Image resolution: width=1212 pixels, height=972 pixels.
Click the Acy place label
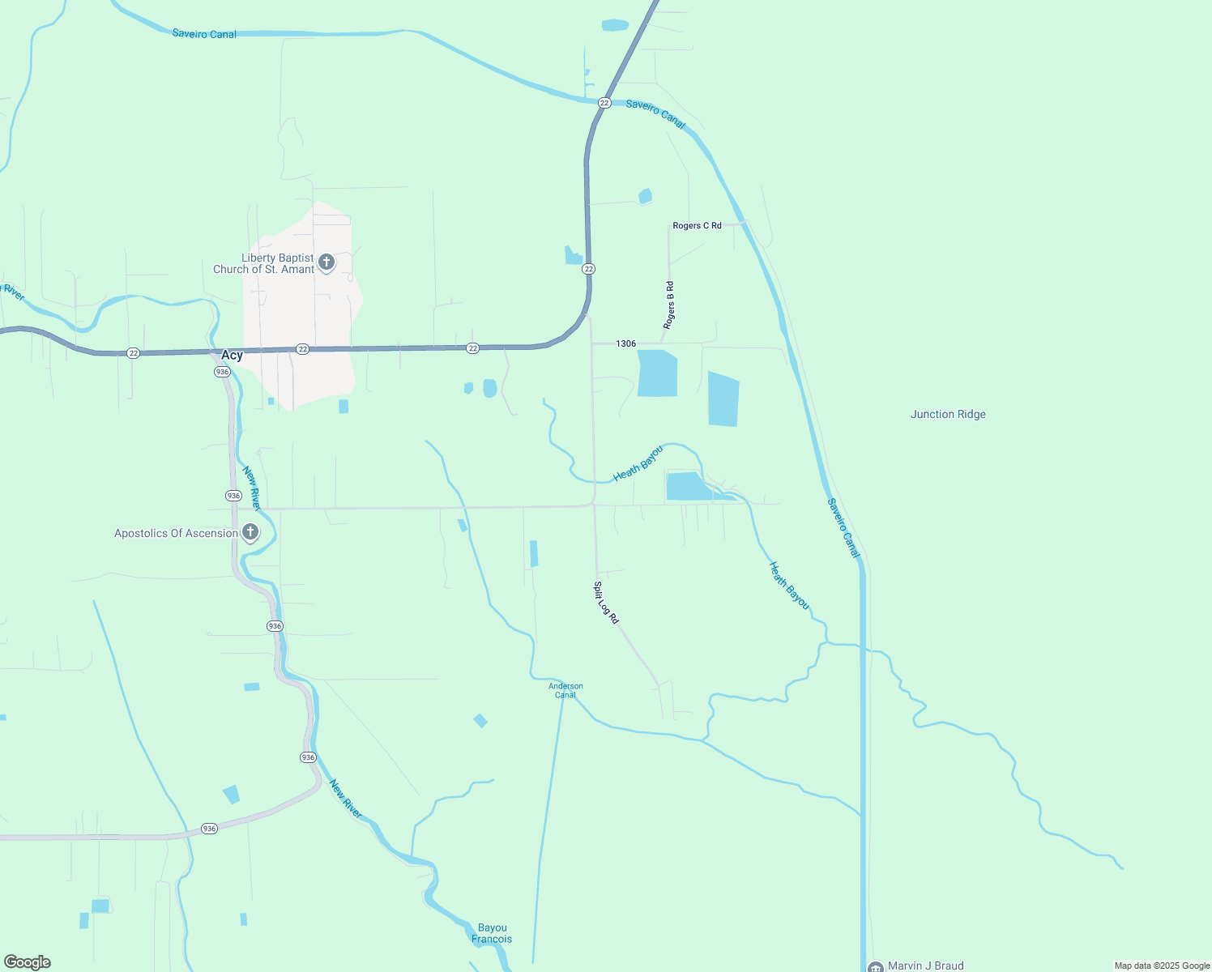click(232, 356)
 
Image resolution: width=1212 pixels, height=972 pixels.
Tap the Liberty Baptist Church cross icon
click(326, 262)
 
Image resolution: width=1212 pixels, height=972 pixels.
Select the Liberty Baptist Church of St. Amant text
click(263, 264)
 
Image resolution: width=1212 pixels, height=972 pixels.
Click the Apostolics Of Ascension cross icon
click(250, 532)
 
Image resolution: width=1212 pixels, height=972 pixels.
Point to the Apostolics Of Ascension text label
click(176, 533)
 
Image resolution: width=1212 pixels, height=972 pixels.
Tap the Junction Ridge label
click(948, 414)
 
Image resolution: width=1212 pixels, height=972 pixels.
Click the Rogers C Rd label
click(697, 226)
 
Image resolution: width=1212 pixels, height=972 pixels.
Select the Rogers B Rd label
click(669, 305)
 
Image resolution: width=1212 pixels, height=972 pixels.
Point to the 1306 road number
click(625, 343)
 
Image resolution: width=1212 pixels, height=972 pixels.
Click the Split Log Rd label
click(606, 603)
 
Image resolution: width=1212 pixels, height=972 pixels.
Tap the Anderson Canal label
click(565, 690)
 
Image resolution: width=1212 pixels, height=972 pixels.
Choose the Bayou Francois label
click(492, 933)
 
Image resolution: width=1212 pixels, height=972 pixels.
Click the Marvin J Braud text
click(925, 966)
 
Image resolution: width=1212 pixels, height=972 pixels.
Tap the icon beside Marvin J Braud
click(875, 967)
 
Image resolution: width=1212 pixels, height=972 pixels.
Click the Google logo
click(28, 962)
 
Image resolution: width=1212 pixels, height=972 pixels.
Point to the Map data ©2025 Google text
click(1162, 966)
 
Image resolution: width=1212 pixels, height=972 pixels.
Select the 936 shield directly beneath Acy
click(223, 372)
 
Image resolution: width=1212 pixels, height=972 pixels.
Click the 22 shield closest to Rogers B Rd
click(589, 269)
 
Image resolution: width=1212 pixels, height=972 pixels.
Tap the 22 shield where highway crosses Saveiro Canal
click(604, 103)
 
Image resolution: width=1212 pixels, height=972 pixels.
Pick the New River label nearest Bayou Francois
click(346, 799)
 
